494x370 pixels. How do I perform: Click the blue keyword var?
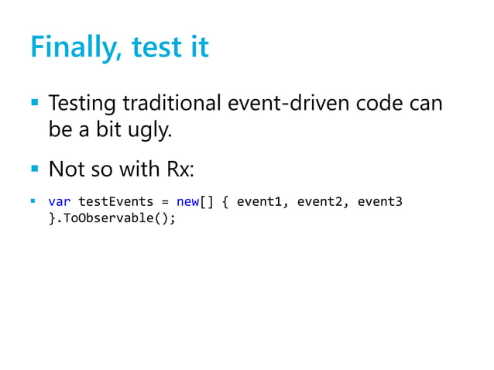(x=60, y=202)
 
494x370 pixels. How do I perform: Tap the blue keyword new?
(x=188, y=202)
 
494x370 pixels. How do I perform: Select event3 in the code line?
(x=380, y=202)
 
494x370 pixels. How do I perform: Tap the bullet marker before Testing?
(x=33, y=102)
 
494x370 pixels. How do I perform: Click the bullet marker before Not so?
(x=33, y=167)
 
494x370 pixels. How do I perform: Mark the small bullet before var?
(x=33, y=202)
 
